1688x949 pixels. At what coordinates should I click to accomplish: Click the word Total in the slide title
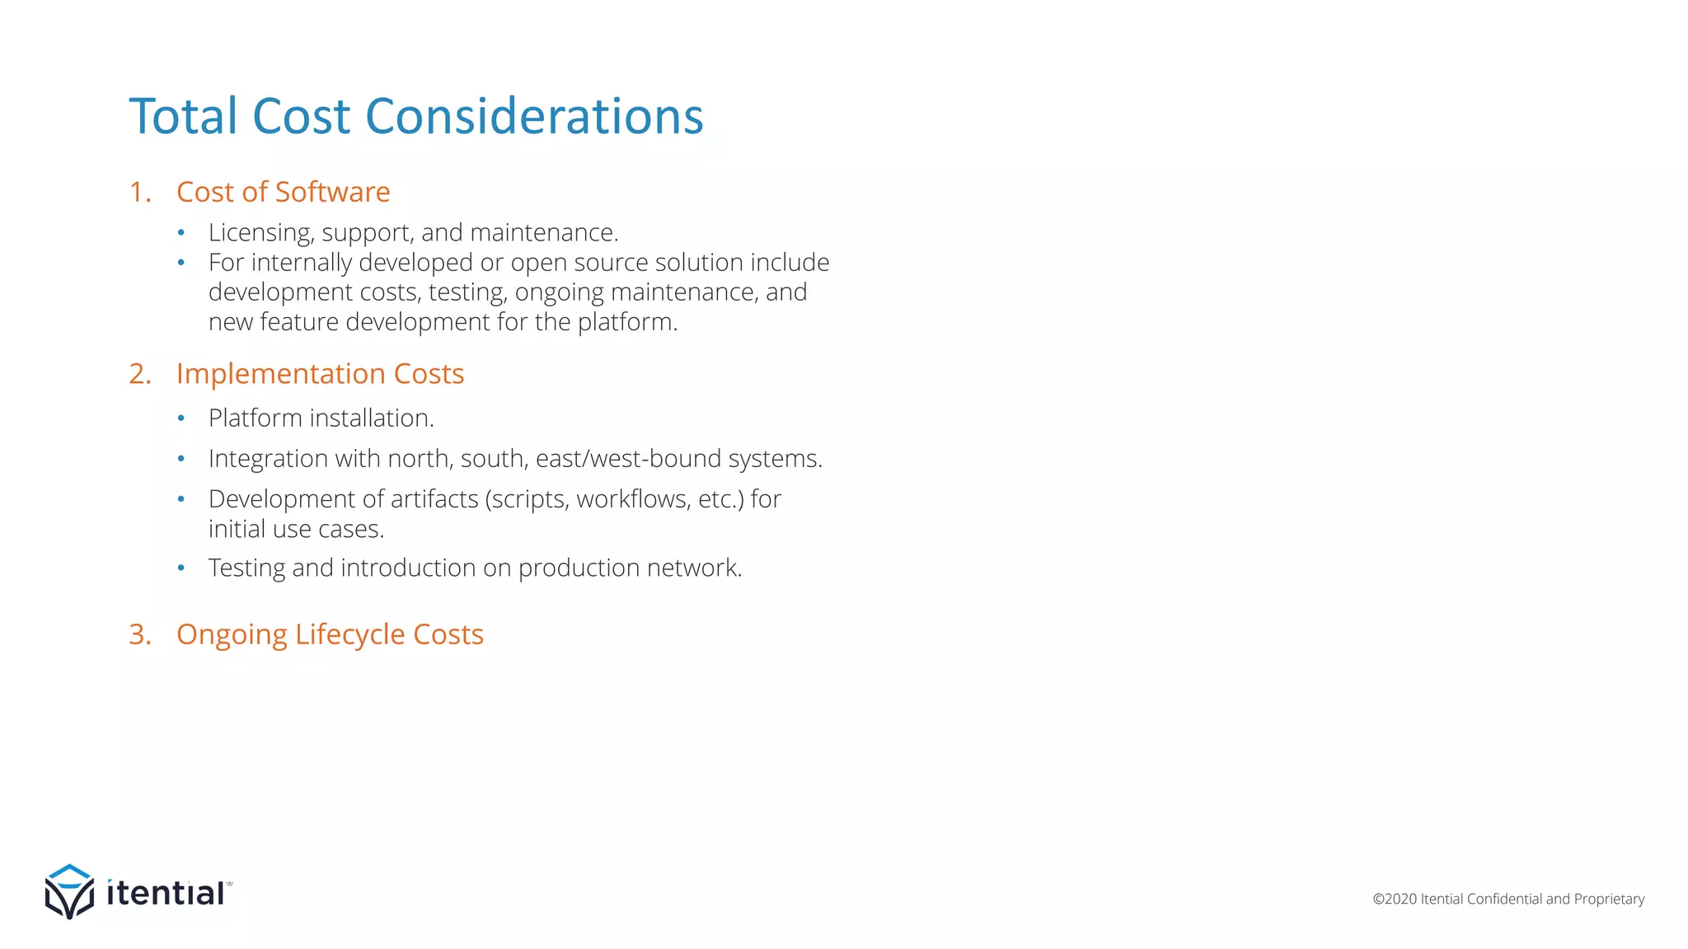183,116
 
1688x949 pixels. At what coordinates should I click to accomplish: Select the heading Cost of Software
283,192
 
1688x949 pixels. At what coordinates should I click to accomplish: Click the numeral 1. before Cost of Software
140,192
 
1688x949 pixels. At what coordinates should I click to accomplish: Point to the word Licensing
260,233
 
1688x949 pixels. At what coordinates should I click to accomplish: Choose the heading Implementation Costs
320,374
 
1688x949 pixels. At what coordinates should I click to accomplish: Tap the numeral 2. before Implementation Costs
140,374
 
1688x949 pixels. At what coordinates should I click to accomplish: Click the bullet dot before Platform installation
181,418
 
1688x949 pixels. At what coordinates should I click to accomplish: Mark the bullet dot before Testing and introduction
181,568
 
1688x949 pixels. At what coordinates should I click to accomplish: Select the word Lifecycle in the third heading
349,635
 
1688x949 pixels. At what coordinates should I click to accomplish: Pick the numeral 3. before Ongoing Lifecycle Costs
140,635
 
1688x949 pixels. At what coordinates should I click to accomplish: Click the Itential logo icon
69,891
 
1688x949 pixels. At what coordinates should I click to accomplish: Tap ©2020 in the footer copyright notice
1395,899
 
